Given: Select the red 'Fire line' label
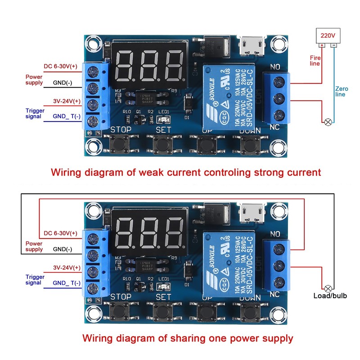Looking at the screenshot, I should click(x=315, y=60).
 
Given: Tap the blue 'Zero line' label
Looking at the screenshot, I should click(x=341, y=91).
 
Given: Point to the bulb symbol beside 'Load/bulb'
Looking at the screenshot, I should click(x=328, y=287).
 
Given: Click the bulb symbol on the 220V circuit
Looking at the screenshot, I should click(x=328, y=121).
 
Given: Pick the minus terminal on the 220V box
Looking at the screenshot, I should click(x=333, y=45).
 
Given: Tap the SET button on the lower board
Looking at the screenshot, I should click(x=162, y=311).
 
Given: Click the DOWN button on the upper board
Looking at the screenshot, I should click(x=249, y=144).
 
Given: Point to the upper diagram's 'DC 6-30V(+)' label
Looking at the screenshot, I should click(x=61, y=67).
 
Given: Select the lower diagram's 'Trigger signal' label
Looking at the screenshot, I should click(x=35, y=279).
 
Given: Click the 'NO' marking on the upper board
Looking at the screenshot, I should click(x=275, y=67).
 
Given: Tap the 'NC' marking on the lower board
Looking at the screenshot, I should click(x=275, y=294).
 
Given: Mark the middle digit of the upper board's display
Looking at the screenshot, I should click(x=148, y=65).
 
